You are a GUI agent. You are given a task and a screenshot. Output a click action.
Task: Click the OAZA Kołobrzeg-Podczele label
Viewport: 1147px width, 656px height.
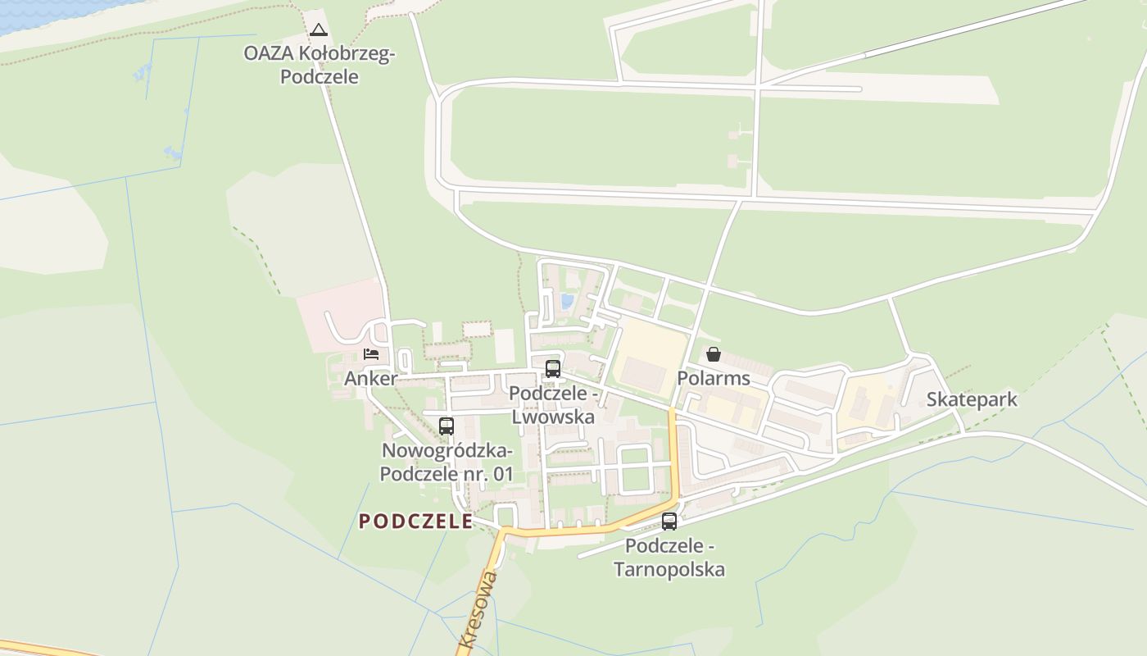point(320,66)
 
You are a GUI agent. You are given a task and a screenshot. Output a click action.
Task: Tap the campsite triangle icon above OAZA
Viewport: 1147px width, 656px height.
point(319,30)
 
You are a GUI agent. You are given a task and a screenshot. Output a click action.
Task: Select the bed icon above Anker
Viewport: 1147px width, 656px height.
point(371,354)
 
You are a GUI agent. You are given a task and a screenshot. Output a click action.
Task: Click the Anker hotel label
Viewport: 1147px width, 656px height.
point(370,378)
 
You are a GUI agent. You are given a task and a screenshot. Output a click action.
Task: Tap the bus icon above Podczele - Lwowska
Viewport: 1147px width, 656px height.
point(553,368)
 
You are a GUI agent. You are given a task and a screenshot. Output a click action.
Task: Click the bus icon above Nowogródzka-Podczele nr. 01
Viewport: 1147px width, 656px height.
point(446,426)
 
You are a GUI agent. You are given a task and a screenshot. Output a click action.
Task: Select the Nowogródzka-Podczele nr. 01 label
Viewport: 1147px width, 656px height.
point(447,462)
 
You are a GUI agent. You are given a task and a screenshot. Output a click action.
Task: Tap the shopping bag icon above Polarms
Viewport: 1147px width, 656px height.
point(714,354)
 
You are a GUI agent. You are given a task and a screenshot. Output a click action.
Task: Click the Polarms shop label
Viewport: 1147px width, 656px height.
point(714,378)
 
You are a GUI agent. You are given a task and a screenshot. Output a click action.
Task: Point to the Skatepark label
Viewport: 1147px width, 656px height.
point(972,399)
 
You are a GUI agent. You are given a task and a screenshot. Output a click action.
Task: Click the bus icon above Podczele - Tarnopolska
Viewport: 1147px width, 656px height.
point(669,521)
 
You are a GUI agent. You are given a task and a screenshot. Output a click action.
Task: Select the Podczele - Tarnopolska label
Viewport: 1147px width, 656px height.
point(669,558)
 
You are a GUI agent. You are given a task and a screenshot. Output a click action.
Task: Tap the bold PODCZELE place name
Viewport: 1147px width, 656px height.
point(415,522)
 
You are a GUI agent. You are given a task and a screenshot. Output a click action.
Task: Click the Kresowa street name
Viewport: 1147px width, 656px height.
point(478,611)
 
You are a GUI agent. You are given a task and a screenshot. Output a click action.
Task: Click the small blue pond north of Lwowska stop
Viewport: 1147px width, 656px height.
point(567,301)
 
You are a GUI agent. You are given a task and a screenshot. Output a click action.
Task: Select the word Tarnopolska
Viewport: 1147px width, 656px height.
point(669,569)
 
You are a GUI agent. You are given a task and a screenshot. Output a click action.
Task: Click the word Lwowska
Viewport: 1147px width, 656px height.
point(552,417)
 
